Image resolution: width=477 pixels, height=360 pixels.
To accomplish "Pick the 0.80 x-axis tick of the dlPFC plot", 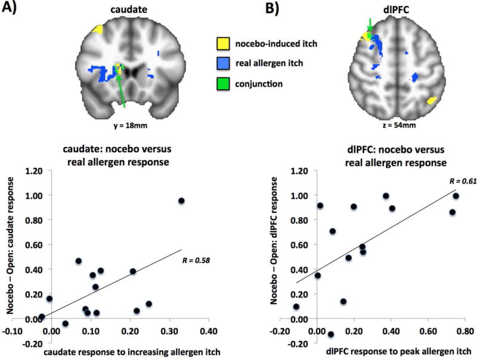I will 465,330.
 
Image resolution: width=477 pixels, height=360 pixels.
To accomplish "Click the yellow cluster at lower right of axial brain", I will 430,100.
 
